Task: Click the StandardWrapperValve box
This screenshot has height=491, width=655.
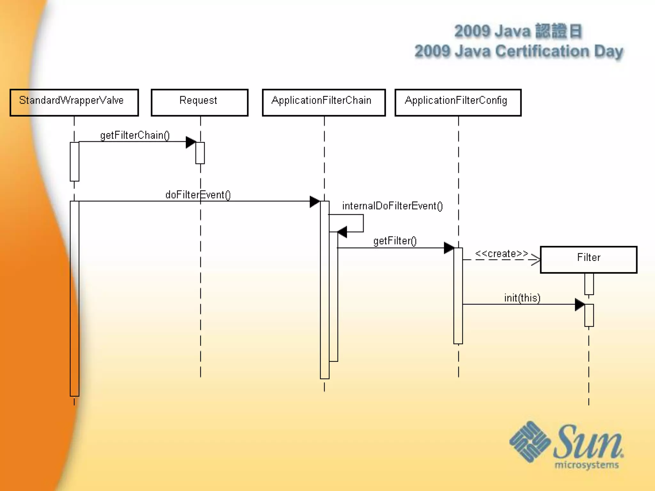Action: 74,102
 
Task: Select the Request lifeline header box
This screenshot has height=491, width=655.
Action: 200,102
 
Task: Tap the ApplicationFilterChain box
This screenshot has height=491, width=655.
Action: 324,102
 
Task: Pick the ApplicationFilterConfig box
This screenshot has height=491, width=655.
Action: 458,102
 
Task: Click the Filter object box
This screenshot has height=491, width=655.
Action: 588,259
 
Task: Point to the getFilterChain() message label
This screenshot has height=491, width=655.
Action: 135,135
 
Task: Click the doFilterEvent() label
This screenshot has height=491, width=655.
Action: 198,195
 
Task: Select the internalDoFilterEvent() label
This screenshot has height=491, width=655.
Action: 392,206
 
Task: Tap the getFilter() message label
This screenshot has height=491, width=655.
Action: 395,241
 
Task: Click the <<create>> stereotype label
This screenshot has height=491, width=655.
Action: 501,253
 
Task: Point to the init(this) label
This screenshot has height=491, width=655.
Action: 522,298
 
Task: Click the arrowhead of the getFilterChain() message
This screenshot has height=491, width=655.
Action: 191,142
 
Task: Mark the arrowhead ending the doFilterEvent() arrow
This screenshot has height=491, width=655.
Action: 315,202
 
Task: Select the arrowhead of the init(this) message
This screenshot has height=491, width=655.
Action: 580,305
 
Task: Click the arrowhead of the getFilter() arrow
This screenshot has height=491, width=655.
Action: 449,248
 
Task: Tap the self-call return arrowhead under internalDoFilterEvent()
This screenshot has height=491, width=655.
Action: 342,232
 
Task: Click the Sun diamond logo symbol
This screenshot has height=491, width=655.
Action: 530,441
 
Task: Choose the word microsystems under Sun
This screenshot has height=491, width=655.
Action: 587,465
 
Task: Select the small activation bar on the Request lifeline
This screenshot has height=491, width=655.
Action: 200,153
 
